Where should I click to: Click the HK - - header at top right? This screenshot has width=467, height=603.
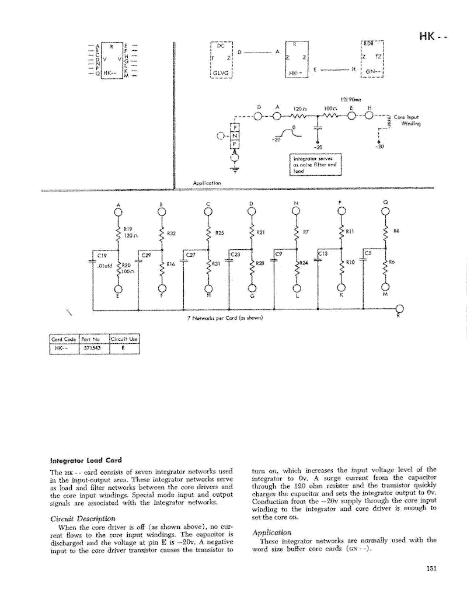click(x=432, y=37)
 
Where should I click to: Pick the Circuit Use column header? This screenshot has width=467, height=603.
click(x=128, y=340)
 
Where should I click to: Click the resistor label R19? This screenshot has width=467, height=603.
click(x=128, y=229)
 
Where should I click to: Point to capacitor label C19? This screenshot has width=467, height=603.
click(x=102, y=255)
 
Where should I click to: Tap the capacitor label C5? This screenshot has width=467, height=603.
click(x=368, y=253)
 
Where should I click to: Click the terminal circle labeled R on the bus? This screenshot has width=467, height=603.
click(x=399, y=309)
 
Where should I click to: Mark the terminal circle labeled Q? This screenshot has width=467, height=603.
click(x=385, y=212)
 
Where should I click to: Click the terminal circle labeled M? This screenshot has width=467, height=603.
click(x=385, y=288)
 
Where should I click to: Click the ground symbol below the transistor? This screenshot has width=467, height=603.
click(x=235, y=170)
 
